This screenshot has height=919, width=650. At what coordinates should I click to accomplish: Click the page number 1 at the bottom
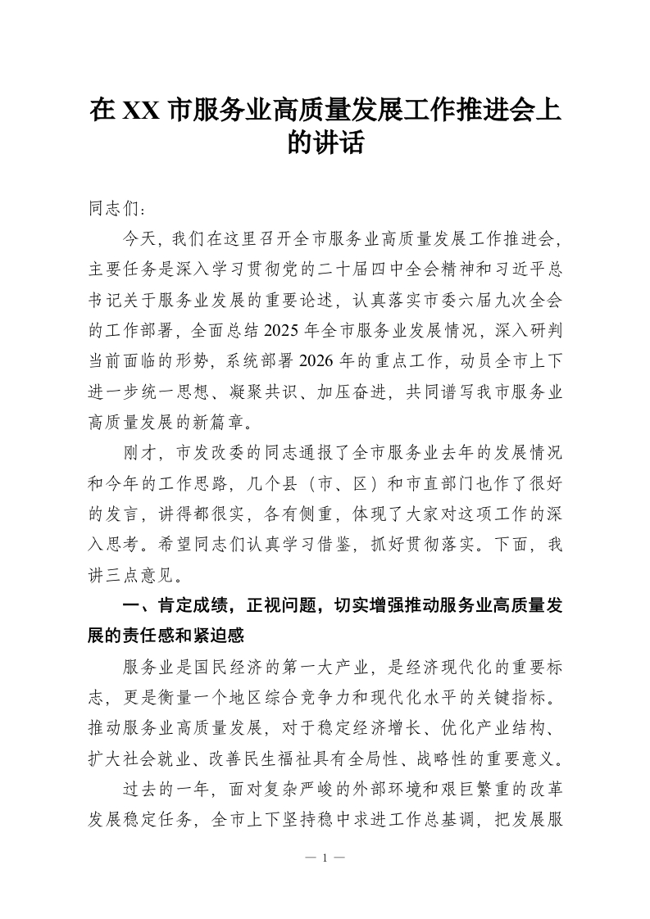[x=325, y=858]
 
